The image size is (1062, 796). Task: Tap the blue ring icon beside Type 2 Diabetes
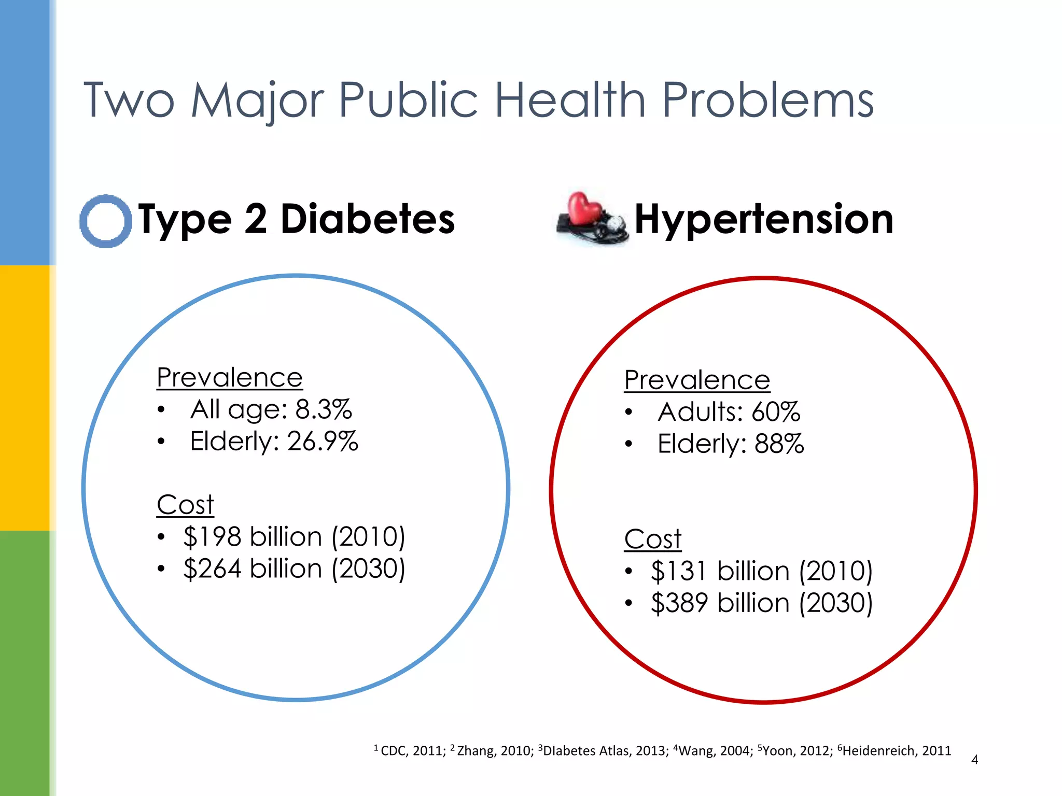point(106,221)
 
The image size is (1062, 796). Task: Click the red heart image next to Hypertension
point(585,210)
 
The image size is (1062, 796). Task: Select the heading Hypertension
point(763,219)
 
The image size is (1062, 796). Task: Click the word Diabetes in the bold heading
point(367,219)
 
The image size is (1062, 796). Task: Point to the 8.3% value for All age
point(324,409)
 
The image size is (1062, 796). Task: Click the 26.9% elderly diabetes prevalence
point(323,442)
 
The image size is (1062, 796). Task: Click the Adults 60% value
point(776,413)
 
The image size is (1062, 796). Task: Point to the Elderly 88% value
point(779,445)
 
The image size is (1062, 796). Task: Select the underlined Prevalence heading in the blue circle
point(229,378)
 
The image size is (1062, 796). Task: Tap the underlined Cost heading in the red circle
point(652,539)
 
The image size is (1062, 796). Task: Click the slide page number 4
point(974,760)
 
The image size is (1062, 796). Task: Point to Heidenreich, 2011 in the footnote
point(896,751)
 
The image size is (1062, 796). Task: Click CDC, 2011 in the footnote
point(412,751)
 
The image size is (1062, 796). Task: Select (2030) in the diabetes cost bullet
point(368,569)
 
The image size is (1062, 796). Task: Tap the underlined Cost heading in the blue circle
point(185,505)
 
